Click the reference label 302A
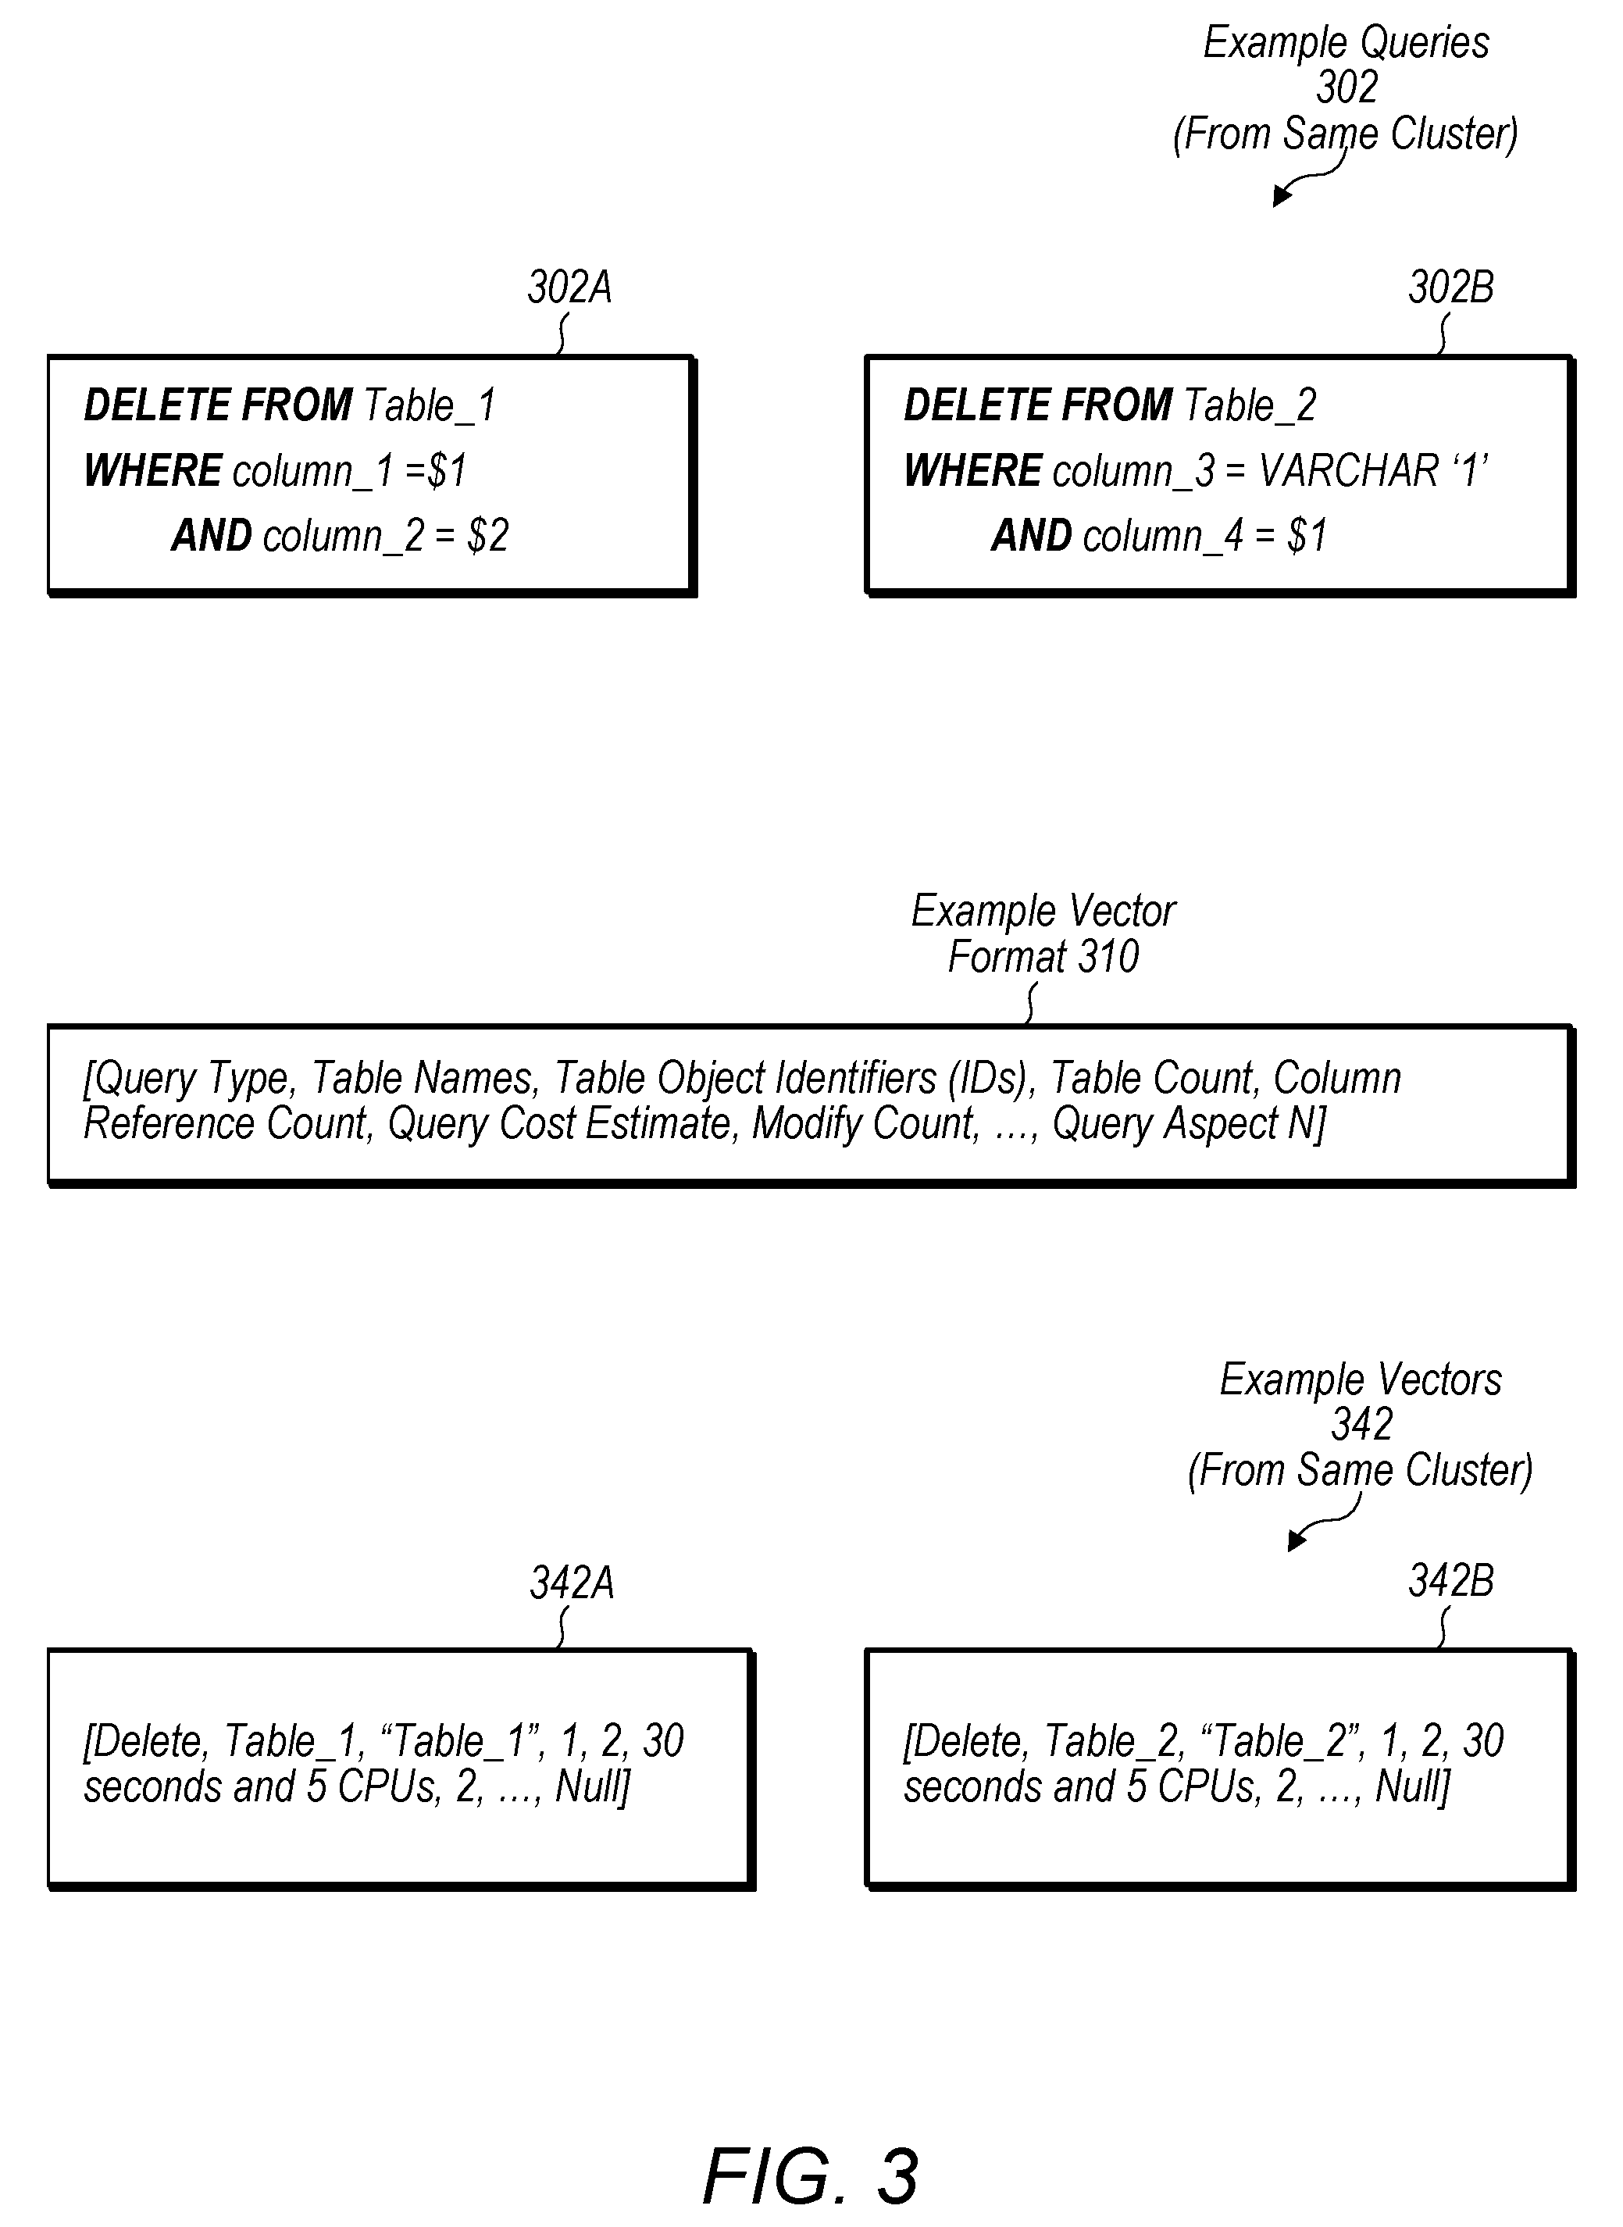tap(570, 287)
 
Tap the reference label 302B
tap(1451, 287)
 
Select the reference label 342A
tap(572, 1583)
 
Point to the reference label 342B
tap(1451, 1582)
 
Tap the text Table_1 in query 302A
tap(430, 405)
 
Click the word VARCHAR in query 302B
tap(1350, 470)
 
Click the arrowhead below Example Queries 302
tap(1281, 197)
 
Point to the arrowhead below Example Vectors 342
tap(1297, 1540)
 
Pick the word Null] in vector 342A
tap(592, 1787)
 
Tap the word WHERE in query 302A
tap(152, 470)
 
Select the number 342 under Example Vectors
tap(1361, 1426)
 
